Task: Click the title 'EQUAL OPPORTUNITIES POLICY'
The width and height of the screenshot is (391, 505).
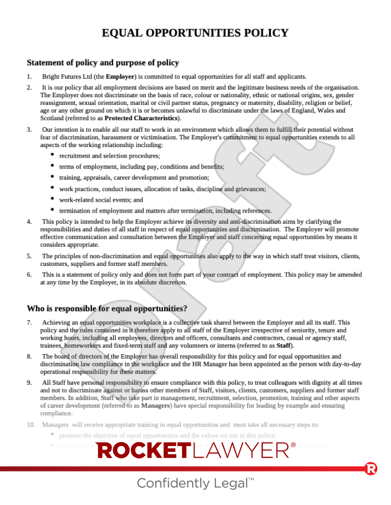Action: pyautogui.click(x=195, y=33)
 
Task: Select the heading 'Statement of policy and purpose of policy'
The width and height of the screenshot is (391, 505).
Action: pyautogui.click(x=103, y=63)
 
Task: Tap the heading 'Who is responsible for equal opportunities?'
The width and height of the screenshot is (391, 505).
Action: pyautogui.click(x=107, y=308)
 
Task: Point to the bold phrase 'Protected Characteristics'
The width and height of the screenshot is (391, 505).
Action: pyautogui.click(x=141, y=118)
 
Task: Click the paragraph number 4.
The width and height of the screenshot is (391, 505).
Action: pyautogui.click(x=29, y=222)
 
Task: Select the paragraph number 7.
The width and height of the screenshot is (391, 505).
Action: pyautogui.click(x=29, y=323)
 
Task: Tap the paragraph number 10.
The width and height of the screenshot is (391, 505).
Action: pyautogui.click(x=31, y=425)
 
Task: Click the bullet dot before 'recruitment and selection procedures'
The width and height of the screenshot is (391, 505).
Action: pyautogui.click(x=52, y=155)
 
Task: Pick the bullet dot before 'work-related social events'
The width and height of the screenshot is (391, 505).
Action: pyautogui.click(x=52, y=199)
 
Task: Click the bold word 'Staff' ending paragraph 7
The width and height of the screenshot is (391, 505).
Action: pyautogui.click(x=284, y=346)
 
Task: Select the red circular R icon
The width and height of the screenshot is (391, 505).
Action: pyautogui.click(x=371, y=469)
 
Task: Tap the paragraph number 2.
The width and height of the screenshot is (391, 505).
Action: pyautogui.click(x=29, y=88)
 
